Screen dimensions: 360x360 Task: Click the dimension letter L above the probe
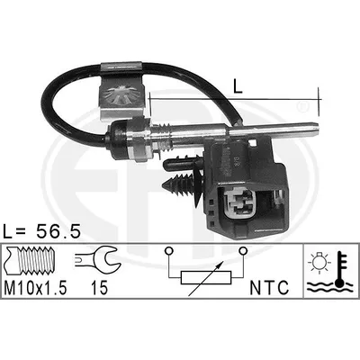(x=238, y=86)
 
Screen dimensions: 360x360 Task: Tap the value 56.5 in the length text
(x=58, y=231)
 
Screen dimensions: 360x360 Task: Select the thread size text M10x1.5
(x=35, y=288)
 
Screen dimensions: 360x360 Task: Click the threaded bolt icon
(x=29, y=261)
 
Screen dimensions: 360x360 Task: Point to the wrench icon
(x=97, y=258)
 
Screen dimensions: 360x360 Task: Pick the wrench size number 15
(x=99, y=288)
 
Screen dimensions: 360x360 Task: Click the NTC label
(x=269, y=288)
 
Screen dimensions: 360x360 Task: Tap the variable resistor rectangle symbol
(x=206, y=277)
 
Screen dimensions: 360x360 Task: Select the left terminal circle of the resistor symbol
(x=168, y=250)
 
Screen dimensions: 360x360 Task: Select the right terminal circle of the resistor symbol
(x=243, y=250)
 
